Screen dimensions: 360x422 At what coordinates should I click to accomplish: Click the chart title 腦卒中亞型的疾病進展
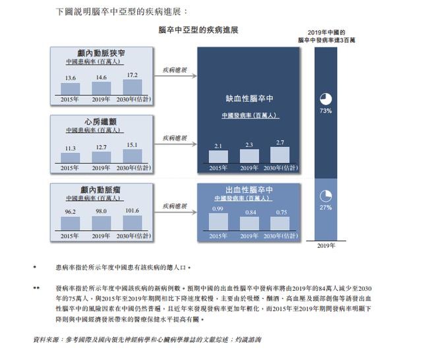(198, 30)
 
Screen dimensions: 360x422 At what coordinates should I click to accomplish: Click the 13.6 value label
(71, 77)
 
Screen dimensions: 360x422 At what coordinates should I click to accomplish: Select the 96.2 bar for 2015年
(71, 222)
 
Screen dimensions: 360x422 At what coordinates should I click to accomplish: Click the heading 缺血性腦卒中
(249, 98)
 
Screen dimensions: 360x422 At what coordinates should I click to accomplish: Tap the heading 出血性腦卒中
(249, 189)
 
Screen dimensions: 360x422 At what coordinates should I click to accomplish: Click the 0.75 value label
(280, 212)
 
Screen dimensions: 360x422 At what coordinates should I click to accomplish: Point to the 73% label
(325, 111)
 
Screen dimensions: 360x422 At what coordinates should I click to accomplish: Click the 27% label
(325, 207)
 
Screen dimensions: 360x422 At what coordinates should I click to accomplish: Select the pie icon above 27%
(325, 196)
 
